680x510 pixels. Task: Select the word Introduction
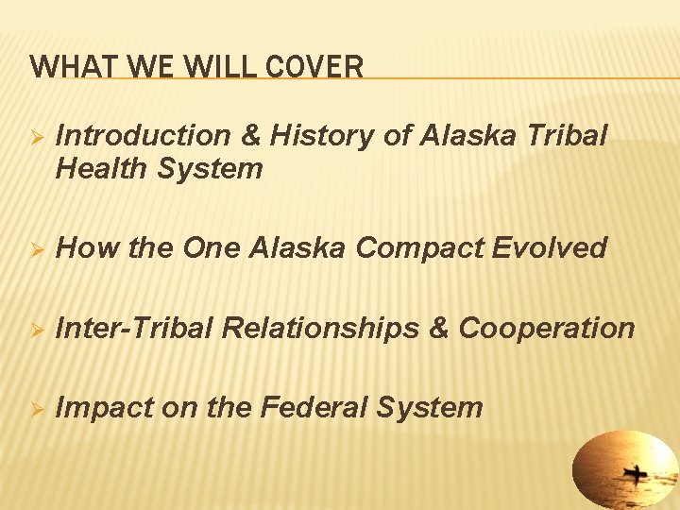coord(142,136)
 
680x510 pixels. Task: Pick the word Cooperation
coord(547,329)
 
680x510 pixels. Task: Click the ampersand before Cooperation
coord(440,328)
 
